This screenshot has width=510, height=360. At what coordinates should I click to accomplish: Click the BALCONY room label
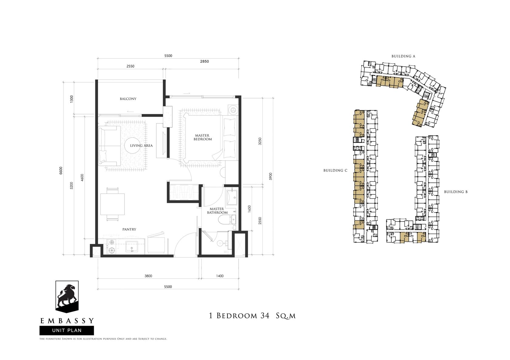click(x=128, y=99)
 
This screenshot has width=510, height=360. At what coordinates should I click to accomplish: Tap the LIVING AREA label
click(x=141, y=146)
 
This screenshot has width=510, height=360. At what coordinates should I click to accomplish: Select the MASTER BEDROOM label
click(x=203, y=137)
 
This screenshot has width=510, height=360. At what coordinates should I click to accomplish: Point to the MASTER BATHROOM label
click(x=217, y=210)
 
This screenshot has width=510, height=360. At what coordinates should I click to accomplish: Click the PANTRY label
click(x=129, y=229)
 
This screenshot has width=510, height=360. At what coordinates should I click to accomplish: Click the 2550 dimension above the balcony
click(x=131, y=66)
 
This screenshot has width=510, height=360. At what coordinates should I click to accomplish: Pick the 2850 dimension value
click(x=205, y=61)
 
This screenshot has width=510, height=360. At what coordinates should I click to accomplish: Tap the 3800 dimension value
click(x=148, y=276)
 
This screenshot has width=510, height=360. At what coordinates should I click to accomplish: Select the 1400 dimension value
click(x=220, y=276)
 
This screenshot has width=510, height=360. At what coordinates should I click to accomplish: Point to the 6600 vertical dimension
click(x=61, y=170)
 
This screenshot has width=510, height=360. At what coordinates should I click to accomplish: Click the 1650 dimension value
click(x=249, y=209)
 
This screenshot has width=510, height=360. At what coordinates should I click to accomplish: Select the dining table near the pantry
click(x=112, y=204)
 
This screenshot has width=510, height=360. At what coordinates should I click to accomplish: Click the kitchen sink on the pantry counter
click(x=132, y=247)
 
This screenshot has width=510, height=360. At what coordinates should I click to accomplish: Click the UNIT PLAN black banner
click(x=67, y=331)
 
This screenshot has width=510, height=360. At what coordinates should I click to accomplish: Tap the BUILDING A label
click(x=403, y=56)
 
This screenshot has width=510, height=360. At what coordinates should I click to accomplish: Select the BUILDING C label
click(x=335, y=170)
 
